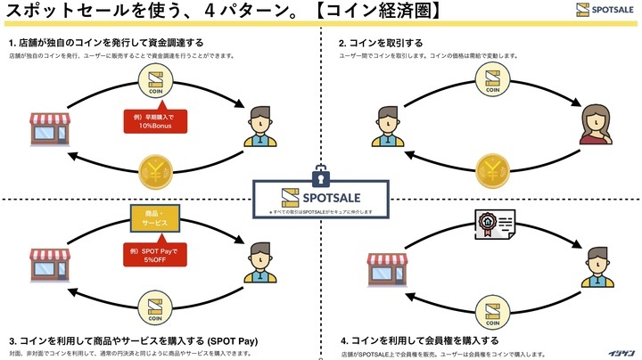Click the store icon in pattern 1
click(x=49, y=127)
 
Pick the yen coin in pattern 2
click(x=491, y=167)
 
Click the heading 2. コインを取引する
click(x=381, y=43)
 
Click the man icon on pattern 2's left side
click(x=386, y=126)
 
